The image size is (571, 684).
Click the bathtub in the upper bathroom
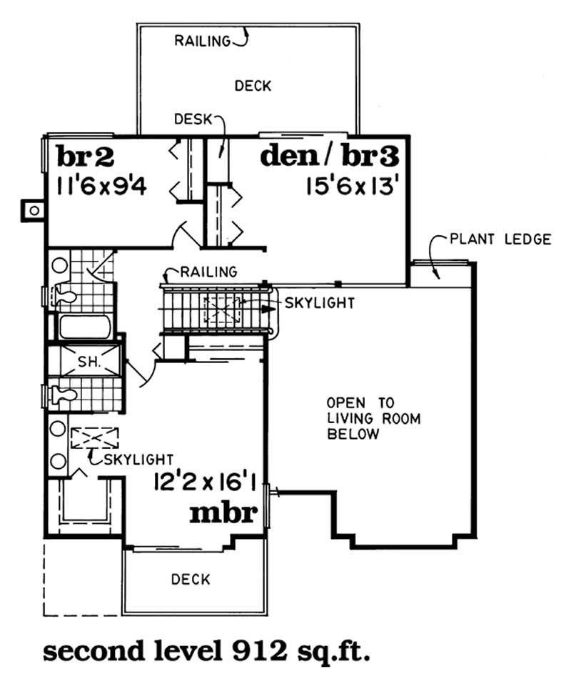coord(84,328)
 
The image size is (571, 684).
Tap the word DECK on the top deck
coord(253,86)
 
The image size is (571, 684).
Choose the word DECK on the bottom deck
coord(191,579)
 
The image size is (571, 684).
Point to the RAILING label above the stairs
coord(208,272)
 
